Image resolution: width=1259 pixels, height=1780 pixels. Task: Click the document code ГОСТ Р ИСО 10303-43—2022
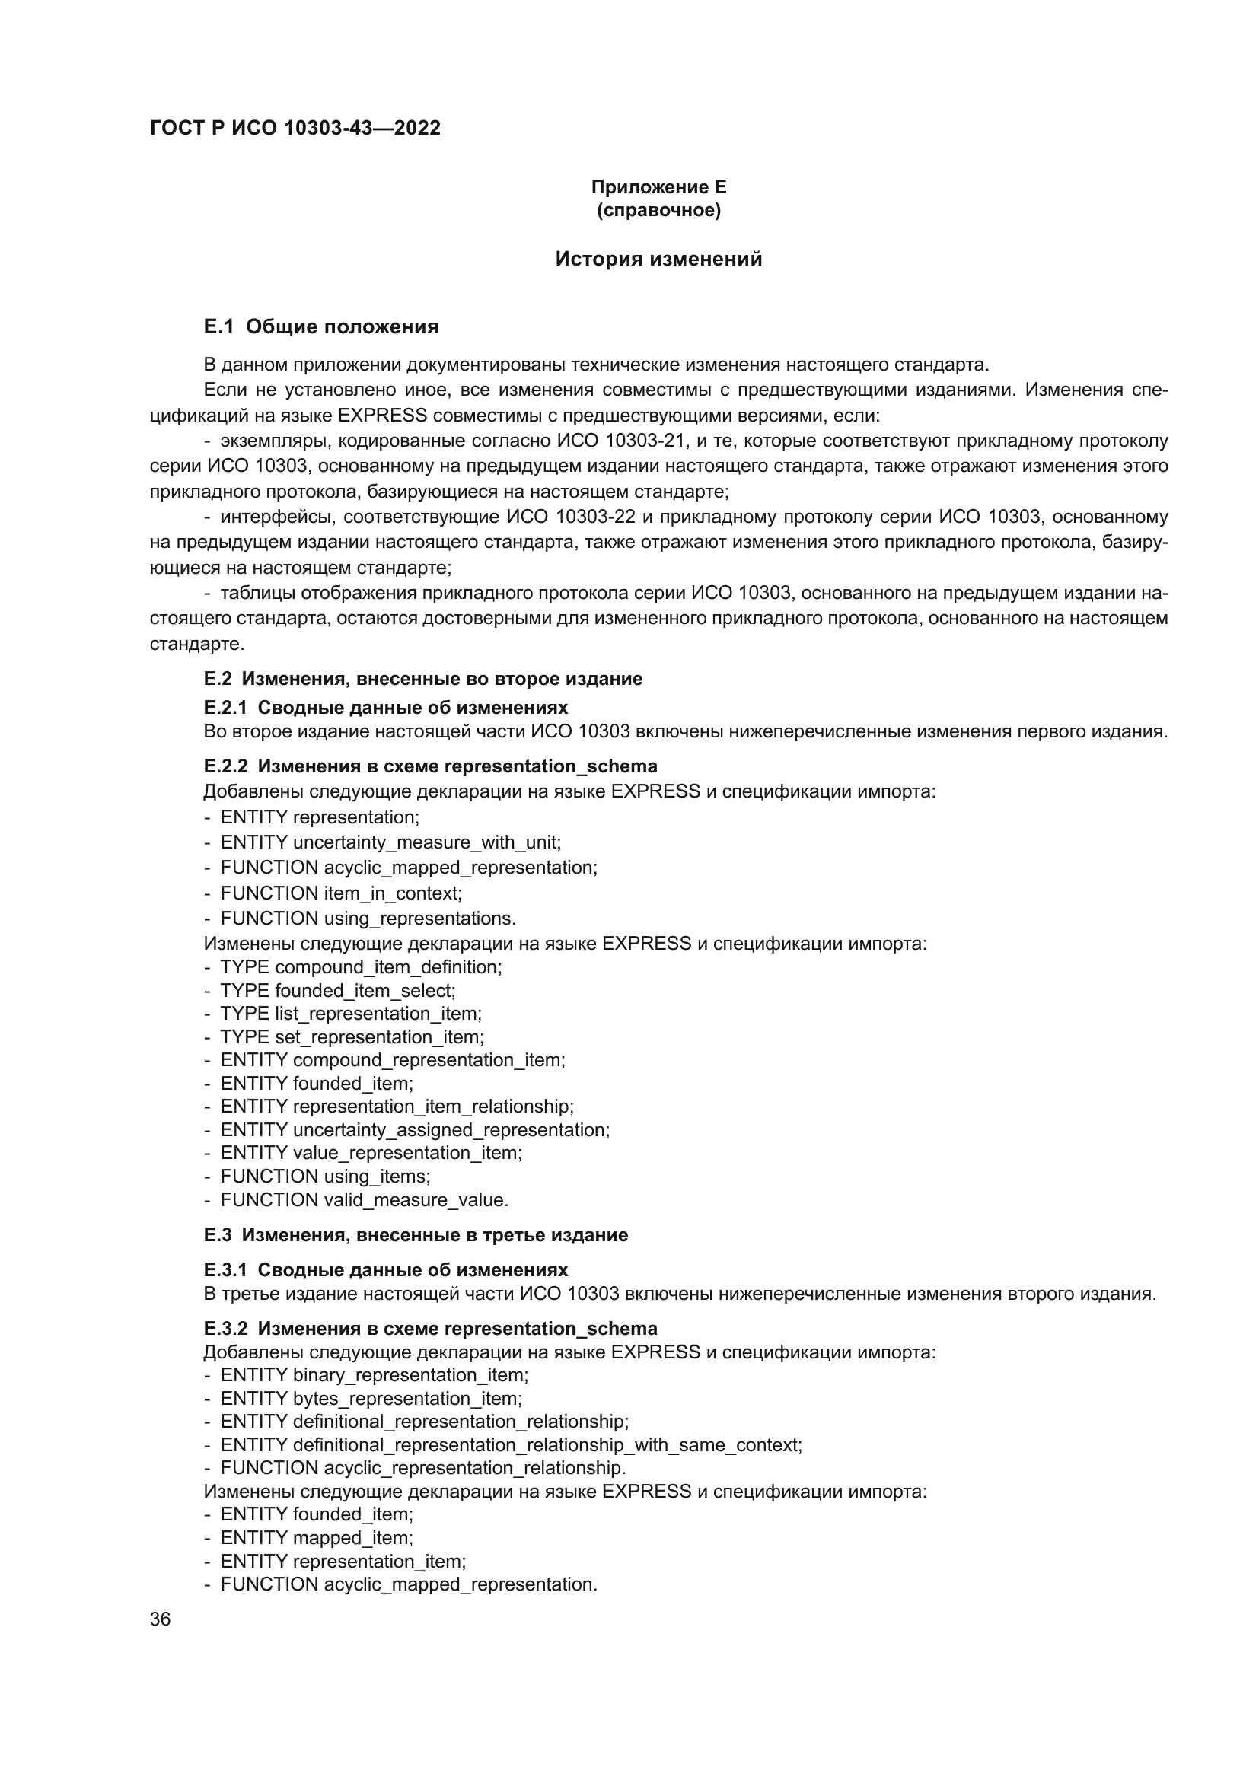click(x=295, y=128)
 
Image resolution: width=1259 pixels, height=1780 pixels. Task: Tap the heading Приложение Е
click(x=658, y=187)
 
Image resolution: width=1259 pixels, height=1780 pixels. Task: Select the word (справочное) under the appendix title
click(x=658, y=210)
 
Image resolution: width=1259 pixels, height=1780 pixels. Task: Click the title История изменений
click(x=658, y=259)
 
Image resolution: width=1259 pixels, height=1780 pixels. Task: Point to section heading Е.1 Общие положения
click(x=321, y=326)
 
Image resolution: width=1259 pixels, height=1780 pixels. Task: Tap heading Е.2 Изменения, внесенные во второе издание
click(x=422, y=678)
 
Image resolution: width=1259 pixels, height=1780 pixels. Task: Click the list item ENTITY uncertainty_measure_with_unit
click(x=390, y=842)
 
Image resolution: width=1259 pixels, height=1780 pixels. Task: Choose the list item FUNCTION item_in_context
click(x=340, y=893)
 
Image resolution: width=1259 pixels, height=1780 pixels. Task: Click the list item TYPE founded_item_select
click(x=337, y=990)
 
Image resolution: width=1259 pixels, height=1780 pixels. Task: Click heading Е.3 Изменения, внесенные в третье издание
click(x=416, y=1235)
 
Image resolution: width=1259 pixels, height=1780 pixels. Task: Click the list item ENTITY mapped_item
click(x=317, y=1537)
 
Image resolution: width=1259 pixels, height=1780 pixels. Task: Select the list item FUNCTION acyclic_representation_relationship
click(x=422, y=1467)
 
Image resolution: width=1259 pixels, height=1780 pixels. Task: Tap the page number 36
click(x=161, y=1619)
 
